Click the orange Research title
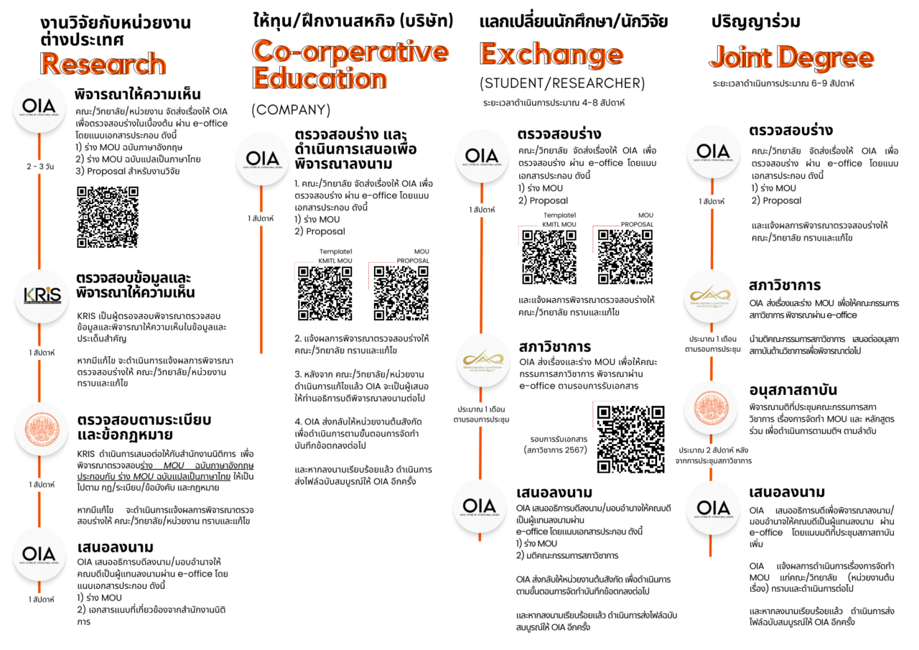tap(103, 65)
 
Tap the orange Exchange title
tap(551, 55)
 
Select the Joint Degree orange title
tap(791, 58)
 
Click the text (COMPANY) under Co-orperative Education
tap(291, 110)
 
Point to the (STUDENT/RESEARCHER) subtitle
tap(562, 83)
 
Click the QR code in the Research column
tap(107, 217)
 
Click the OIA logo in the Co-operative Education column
tap(262, 159)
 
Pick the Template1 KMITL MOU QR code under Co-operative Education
tap(325, 292)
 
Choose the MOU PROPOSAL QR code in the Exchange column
tap(625, 257)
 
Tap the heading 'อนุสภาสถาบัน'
tap(793, 390)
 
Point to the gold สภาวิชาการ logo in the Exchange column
tap(481, 360)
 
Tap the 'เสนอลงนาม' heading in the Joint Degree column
tap(787, 492)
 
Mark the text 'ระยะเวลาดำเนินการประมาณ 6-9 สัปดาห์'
tap(783, 83)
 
